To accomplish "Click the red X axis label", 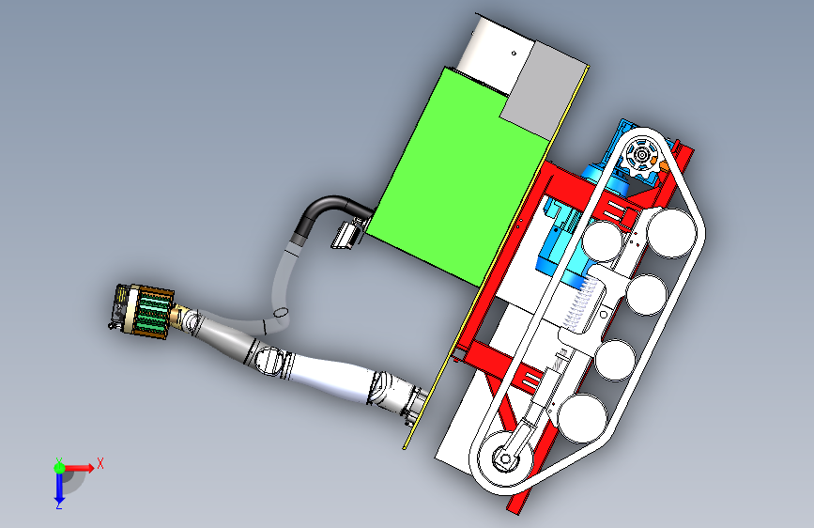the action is pos(100,463).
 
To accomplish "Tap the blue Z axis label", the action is pos(59,505).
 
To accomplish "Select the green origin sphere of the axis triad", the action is pos(60,468).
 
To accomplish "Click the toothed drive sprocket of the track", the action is pos(641,155).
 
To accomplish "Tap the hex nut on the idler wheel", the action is pos(504,458).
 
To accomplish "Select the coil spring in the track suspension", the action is pos(579,303).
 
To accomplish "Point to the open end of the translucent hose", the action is pos(281,312).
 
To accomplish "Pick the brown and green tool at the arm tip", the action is pos(144,310).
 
